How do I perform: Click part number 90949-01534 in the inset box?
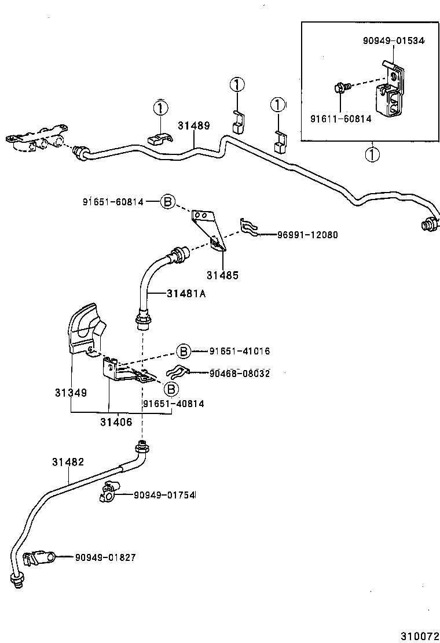point(393,41)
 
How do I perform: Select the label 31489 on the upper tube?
point(193,125)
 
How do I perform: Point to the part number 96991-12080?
point(307,235)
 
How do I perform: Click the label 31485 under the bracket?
point(222,275)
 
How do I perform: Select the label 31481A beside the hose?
point(186,294)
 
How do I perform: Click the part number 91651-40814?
point(173,403)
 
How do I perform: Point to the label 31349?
point(71,393)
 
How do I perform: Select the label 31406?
point(116,422)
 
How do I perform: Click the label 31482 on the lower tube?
point(68,462)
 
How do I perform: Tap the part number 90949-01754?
point(164,495)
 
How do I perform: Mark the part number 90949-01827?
point(105,557)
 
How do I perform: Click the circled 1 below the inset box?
point(372,155)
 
